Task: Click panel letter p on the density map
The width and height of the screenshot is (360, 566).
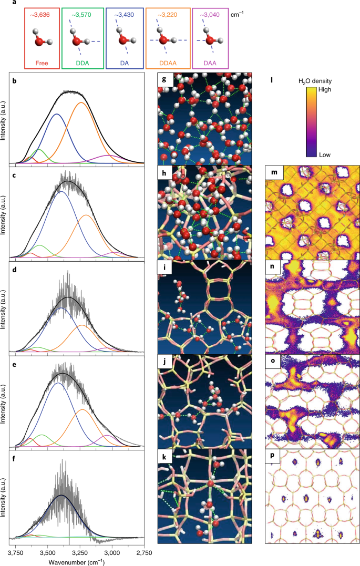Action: tap(272, 455)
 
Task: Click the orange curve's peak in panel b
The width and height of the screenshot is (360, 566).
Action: tap(81, 103)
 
